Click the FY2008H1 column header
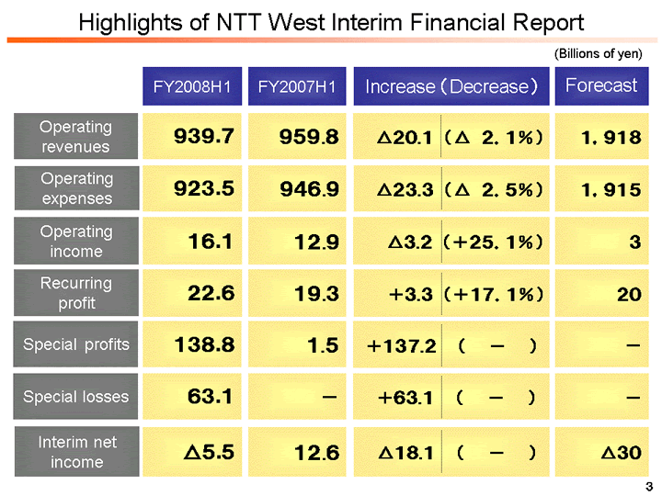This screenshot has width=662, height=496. tap(190, 87)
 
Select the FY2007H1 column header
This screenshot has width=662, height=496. tap(296, 87)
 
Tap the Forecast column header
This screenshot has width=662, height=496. tap(601, 86)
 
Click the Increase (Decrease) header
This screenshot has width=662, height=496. tap(451, 87)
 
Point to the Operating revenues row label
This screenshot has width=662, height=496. tap(75, 137)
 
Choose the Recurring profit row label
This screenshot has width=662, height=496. tap(75, 293)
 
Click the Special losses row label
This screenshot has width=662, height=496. tap(75, 397)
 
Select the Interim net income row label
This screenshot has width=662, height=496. tap(75, 452)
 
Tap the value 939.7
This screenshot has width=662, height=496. tap(204, 137)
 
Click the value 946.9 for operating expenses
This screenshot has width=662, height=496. tap(310, 189)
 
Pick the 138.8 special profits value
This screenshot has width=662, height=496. tap(204, 345)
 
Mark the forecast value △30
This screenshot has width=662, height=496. tap(621, 452)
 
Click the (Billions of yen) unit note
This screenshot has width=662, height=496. tap(599, 53)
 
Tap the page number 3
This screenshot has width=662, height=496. tap(648, 485)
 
